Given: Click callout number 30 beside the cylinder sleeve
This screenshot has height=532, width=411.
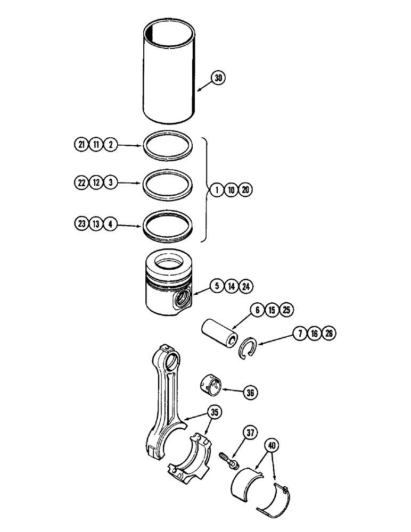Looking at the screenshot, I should [x=218, y=78].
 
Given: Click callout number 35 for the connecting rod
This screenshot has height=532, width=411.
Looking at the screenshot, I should [x=215, y=412].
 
